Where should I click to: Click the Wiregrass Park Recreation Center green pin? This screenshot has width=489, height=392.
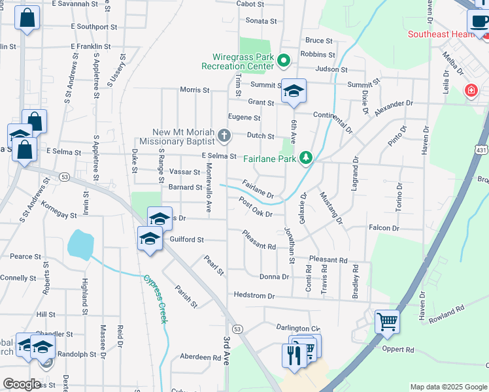point(283,61)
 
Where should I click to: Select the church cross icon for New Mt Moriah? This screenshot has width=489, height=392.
point(224,137)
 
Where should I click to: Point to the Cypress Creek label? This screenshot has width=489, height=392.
point(155,299)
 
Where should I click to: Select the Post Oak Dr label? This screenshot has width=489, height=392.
point(255,207)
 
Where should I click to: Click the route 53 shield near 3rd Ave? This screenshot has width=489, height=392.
point(237,329)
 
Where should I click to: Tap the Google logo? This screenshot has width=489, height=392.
point(22,384)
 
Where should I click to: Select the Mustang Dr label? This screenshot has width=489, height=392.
point(331,207)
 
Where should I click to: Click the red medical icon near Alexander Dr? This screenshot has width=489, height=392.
point(471,90)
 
